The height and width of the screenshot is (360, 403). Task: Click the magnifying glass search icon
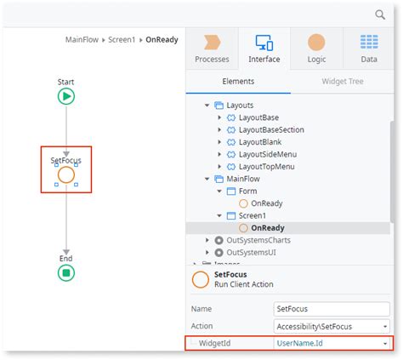click(380, 14)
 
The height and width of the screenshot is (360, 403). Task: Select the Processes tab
click(212, 49)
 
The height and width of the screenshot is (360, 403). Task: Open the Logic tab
click(316, 49)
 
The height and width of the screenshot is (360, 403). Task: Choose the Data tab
click(369, 49)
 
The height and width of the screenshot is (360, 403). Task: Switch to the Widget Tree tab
click(343, 82)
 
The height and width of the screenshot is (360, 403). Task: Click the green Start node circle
click(66, 96)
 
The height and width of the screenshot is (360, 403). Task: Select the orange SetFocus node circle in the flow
click(66, 174)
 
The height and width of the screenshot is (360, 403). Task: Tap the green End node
click(66, 273)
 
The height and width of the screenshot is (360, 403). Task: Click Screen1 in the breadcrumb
click(122, 40)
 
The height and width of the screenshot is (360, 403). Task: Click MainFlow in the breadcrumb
click(82, 40)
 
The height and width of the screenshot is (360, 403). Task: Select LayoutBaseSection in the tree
click(271, 130)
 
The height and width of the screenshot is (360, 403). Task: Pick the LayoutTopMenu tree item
click(267, 167)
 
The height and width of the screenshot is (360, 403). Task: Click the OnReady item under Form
click(267, 203)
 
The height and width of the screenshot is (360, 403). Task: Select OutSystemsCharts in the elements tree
click(258, 240)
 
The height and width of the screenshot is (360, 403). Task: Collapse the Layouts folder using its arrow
click(207, 106)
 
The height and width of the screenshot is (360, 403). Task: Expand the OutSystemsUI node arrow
click(207, 253)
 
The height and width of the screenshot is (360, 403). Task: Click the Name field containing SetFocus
click(332, 309)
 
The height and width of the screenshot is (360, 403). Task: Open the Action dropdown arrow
click(385, 327)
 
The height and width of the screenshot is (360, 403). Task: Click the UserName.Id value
click(299, 343)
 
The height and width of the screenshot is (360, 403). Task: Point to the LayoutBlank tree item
click(260, 142)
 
